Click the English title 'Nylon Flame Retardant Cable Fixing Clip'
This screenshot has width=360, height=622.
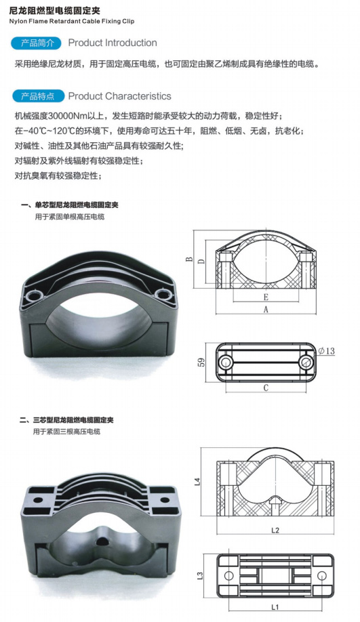[x=71, y=21]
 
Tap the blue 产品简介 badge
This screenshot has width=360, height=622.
[x=37, y=43]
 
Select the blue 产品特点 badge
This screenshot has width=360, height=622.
[x=38, y=96]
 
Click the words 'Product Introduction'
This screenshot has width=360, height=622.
[x=113, y=43]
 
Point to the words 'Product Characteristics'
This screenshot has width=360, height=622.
[x=119, y=96]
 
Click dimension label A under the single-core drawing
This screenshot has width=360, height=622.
[x=266, y=310]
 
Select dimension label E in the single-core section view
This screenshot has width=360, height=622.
[x=266, y=297]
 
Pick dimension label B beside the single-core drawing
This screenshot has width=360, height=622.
[x=189, y=260]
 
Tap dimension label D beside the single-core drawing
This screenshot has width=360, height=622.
[x=201, y=261]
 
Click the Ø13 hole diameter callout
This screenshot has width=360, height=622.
[x=327, y=351]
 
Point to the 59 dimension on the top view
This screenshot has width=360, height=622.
[x=201, y=362]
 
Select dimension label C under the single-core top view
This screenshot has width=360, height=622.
[x=266, y=388]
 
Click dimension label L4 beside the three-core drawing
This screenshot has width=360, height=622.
[x=197, y=482]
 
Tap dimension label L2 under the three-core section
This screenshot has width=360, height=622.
[x=275, y=530]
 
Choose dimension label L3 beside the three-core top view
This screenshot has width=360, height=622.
[x=201, y=575]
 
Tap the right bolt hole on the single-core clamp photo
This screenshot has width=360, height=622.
[x=162, y=294]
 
